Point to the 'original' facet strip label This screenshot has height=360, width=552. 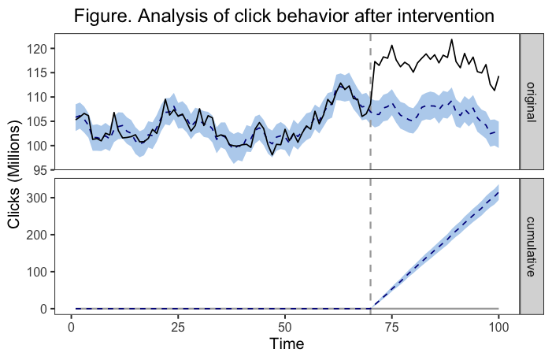(x=532, y=102)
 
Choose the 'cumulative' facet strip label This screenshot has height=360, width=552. (x=532, y=246)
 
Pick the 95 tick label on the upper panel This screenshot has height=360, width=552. (x=43, y=169)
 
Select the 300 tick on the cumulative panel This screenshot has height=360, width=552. (x=39, y=198)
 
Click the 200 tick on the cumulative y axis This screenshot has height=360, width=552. (x=39, y=235)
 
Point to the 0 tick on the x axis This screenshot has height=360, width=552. (x=72, y=325)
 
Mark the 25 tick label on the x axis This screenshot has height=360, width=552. (x=178, y=325)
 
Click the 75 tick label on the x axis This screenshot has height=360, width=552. (x=392, y=325)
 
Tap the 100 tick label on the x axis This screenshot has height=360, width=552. (x=498, y=325)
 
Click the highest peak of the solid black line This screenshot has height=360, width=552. (x=452, y=39)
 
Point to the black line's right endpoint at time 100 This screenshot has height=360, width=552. (x=498, y=76)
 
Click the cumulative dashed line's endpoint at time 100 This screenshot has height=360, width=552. (x=498, y=192)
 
